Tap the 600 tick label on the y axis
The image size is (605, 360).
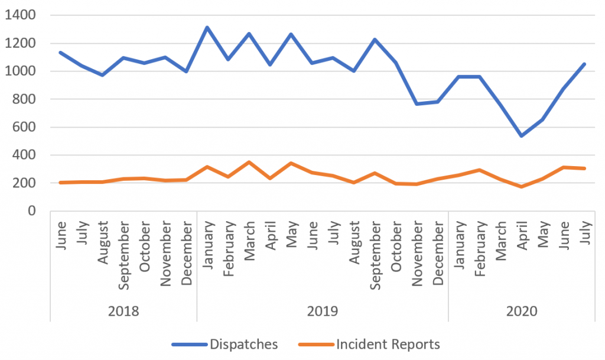pyautogui.click(x=24, y=127)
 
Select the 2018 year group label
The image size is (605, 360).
pyautogui.click(x=123, y=311)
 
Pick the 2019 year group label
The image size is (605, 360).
pyautogui.click(x=322, y=311)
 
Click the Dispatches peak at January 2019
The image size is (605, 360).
pyautogui.click(x=207, y=27)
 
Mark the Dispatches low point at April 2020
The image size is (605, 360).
pyautogui.click(x=522, y=136)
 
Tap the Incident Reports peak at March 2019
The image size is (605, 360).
pyautogui.click(x=249, y=162)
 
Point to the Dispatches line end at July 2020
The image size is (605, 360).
pyautogui.click(x=584, y=64)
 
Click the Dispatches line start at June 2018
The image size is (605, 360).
pyautogui.click(x=61, y=53)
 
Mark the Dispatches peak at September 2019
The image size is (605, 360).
pyautogui.click(x=375, y=40)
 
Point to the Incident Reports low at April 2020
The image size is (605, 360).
pyautogui.click(x=522, y=187)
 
